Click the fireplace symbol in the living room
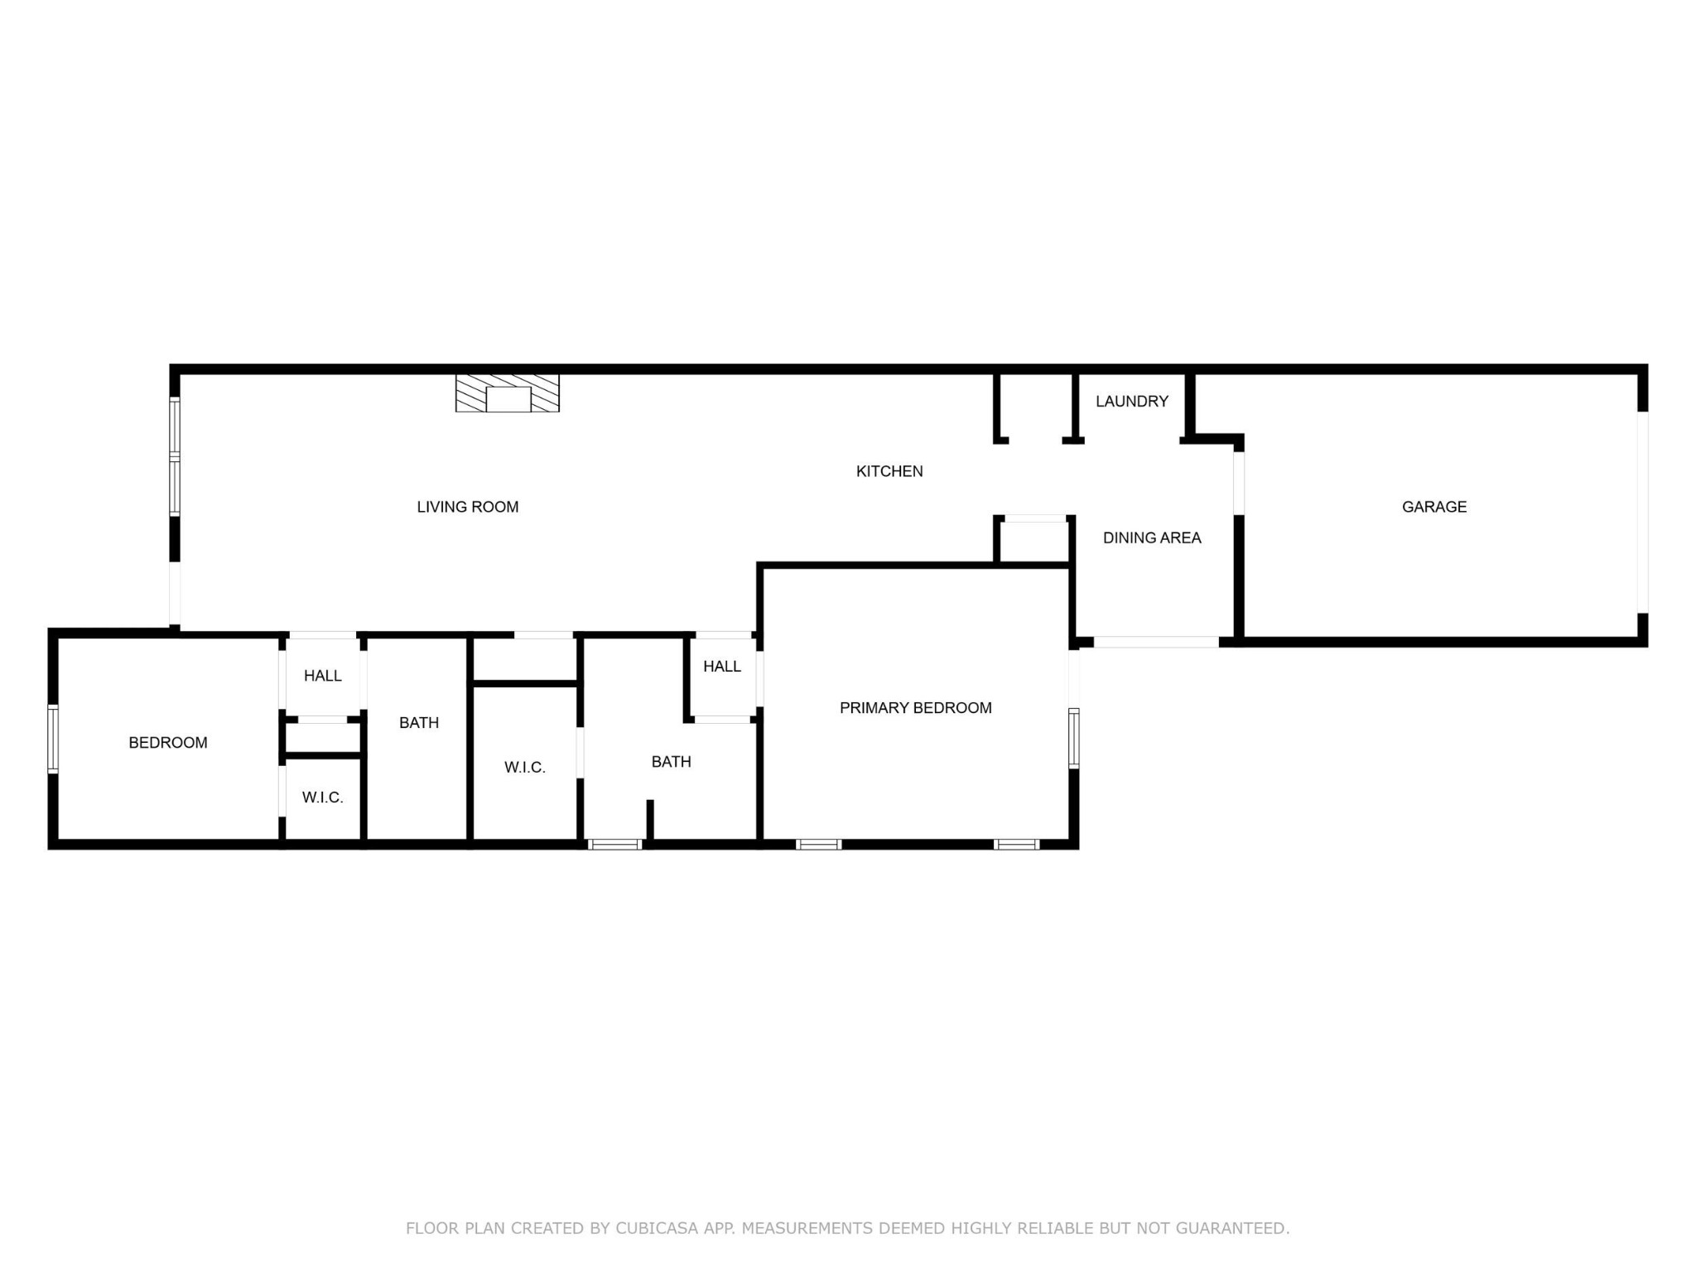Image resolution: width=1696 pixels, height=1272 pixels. coord(508,393)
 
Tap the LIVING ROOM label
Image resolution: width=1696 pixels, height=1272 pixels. coord(468,507)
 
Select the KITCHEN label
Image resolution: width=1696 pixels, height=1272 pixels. coord(889,471)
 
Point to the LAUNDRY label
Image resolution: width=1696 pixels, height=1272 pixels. coord(1132,401)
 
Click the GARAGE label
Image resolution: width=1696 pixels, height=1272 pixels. coord(1434,507)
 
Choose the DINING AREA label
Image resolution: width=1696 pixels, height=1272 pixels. coord(1152,537)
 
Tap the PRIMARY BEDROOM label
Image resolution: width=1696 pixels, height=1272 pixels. coord(916,708)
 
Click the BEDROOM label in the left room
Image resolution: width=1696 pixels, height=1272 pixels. coord(168,743)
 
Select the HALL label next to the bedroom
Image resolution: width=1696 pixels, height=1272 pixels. coord(323,676)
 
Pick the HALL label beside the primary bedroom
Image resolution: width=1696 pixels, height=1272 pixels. coord(722,667)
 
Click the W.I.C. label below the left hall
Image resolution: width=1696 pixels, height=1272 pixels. coord(323,797)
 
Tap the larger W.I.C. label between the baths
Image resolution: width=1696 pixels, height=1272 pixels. coord(525,768)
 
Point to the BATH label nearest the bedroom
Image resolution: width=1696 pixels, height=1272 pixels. coord(419,723)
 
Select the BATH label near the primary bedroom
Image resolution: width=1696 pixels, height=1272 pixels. coord(672,762)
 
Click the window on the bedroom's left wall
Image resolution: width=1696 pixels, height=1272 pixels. coord(53,739)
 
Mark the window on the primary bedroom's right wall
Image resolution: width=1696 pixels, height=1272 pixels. coord(1074,738)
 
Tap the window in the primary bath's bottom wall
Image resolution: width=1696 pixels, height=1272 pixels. coord(615,845)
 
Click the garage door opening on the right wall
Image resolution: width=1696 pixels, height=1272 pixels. coord(1643,513)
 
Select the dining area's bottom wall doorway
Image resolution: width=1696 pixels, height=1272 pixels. coord(1156,642)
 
